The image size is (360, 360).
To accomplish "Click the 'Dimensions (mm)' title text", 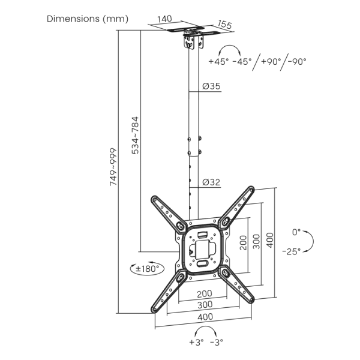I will pos(88,19).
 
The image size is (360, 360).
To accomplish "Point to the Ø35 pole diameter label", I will pos(211,86).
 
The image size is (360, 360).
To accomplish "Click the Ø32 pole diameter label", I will pos(211,182).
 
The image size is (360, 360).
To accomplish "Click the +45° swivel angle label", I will pos(219,61).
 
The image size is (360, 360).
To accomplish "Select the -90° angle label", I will pos(296,61).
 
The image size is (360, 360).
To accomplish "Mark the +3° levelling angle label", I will pos(196,343).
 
